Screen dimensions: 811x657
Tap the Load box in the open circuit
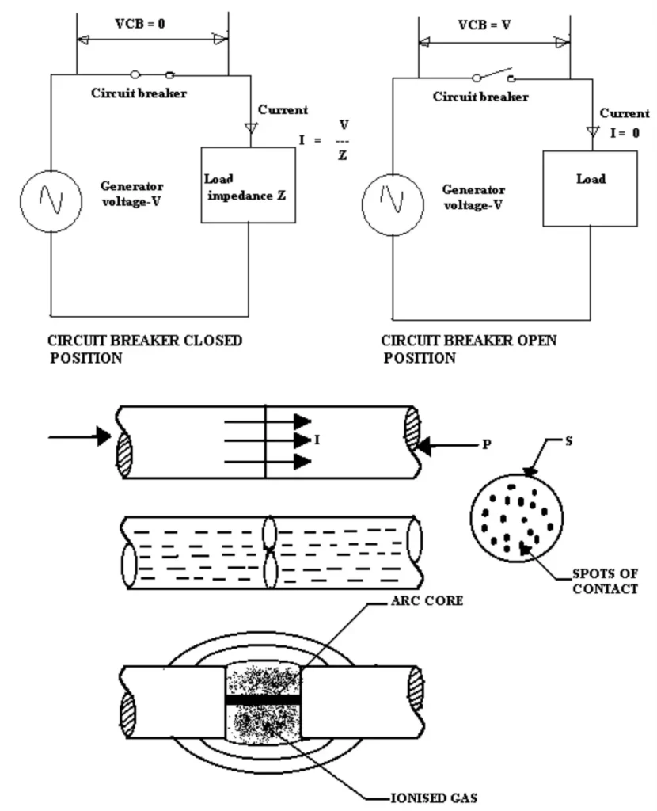click(590, 188)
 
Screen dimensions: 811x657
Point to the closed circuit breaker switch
click(152, 74)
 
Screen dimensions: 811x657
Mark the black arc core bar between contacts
click(264, 699)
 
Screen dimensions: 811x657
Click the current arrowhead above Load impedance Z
click(249, 127)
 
